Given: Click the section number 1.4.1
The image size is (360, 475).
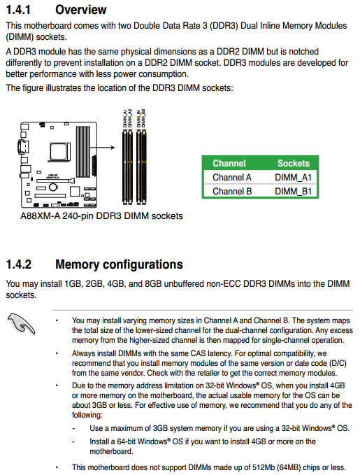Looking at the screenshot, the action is [x=18, y=10].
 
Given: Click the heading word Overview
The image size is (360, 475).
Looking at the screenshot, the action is [x=81, y=10].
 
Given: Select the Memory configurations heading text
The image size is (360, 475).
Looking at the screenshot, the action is [x=119, y=264].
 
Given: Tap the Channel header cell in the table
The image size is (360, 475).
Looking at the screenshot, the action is [x=229, y=163].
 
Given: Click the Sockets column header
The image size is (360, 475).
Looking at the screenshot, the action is [x=294, y=163].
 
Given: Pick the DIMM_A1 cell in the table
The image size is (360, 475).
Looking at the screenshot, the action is [x=293, y=178].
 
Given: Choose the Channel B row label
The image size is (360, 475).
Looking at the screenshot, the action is [x=232, y=192].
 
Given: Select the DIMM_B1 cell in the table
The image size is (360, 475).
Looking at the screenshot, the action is [x=293, y=192].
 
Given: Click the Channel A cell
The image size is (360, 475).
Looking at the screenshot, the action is [x=232, y=178].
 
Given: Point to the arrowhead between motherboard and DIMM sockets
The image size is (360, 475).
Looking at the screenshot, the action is [x=113, y=148].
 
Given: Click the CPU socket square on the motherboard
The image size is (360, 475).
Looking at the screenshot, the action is [x=60, y=152].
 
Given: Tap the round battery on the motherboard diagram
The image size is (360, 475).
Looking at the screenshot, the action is [x=53, y=187].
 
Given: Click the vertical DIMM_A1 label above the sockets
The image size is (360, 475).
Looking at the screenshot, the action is [x=124, y=118].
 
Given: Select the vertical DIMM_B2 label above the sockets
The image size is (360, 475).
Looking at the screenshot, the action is [x=143, y=118].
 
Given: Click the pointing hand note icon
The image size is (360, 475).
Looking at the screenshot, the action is [x=21, y=324].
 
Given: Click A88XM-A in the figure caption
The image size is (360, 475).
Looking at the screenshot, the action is [x=40, y=216].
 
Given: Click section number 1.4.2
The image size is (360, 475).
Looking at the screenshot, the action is [x=19, y=264].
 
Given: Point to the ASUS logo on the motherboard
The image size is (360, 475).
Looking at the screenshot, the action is [x=52, y=176].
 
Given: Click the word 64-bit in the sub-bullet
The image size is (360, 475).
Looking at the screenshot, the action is [x=126, y=441].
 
